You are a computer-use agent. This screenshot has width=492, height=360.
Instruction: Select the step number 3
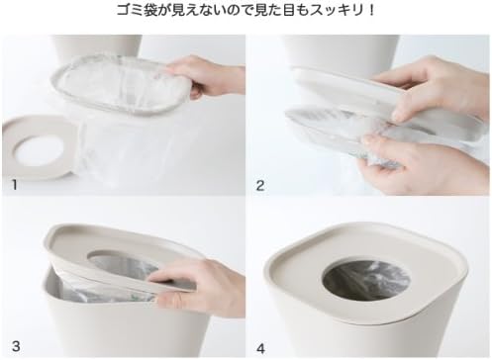click(x=13, y=345)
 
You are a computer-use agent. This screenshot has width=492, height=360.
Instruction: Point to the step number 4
click(x=261, y=345)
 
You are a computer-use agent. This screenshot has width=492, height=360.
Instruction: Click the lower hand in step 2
click(x=416, y=158)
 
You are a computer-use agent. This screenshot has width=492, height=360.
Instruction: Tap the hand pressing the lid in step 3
click(x=198, y=282)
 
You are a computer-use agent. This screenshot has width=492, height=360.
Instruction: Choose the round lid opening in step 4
click(x=364, y=282)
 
